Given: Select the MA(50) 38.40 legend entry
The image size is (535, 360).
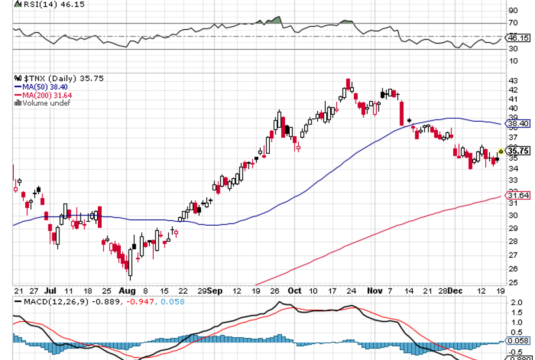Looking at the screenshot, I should (x=46, y=87).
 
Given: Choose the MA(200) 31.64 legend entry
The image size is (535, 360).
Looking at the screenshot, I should (x=46, y=95).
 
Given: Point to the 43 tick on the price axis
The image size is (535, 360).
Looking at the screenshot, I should (x=513, y=81).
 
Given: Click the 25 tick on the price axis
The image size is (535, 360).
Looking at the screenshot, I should (x=513, y=282).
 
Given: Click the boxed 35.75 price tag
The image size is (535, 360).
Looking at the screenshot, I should (x=518, y=151).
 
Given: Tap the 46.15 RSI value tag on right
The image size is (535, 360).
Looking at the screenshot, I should (x=518, y=38).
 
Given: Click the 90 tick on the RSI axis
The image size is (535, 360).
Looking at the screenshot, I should (x=513, y=10).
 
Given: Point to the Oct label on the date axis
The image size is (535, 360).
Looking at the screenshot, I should (x=294, y=290).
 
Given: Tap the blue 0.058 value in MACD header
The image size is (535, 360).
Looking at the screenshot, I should (x=172, y=301).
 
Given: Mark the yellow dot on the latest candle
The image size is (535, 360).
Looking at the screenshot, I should (x=501, y=151).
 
